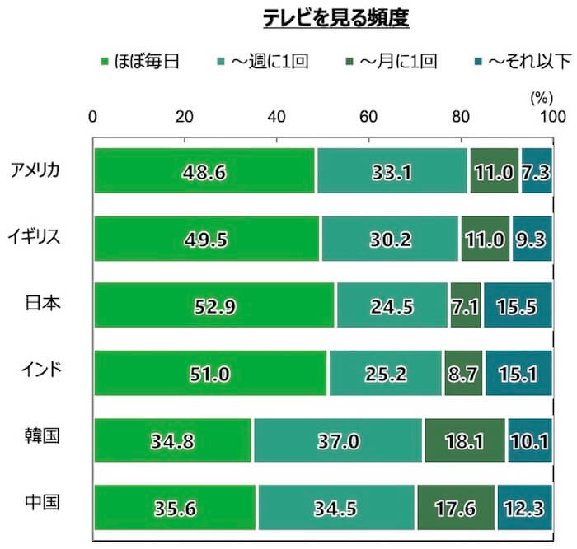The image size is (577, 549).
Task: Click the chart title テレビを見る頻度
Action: [335, 18]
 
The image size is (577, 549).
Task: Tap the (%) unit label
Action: [540, 97]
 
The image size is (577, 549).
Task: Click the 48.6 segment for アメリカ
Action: [204, 171]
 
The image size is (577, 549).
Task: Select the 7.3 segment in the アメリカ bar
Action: [536, 171]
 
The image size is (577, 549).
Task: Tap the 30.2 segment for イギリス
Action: [390, 239]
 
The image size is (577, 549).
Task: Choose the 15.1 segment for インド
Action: [518, 373]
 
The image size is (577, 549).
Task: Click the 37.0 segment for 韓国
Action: [338, 440]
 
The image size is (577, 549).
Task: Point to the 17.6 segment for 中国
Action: [456, 507]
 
